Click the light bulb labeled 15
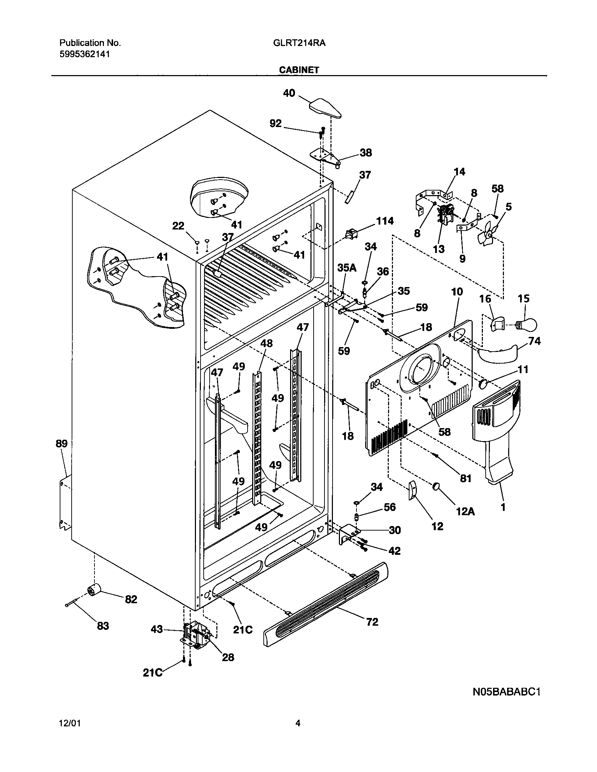[x=528, y=323]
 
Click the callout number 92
[x=276, y=124]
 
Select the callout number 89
[x=61, y=444]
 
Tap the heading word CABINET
[x=299, y=70]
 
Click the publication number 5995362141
[x=85, y=54]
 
